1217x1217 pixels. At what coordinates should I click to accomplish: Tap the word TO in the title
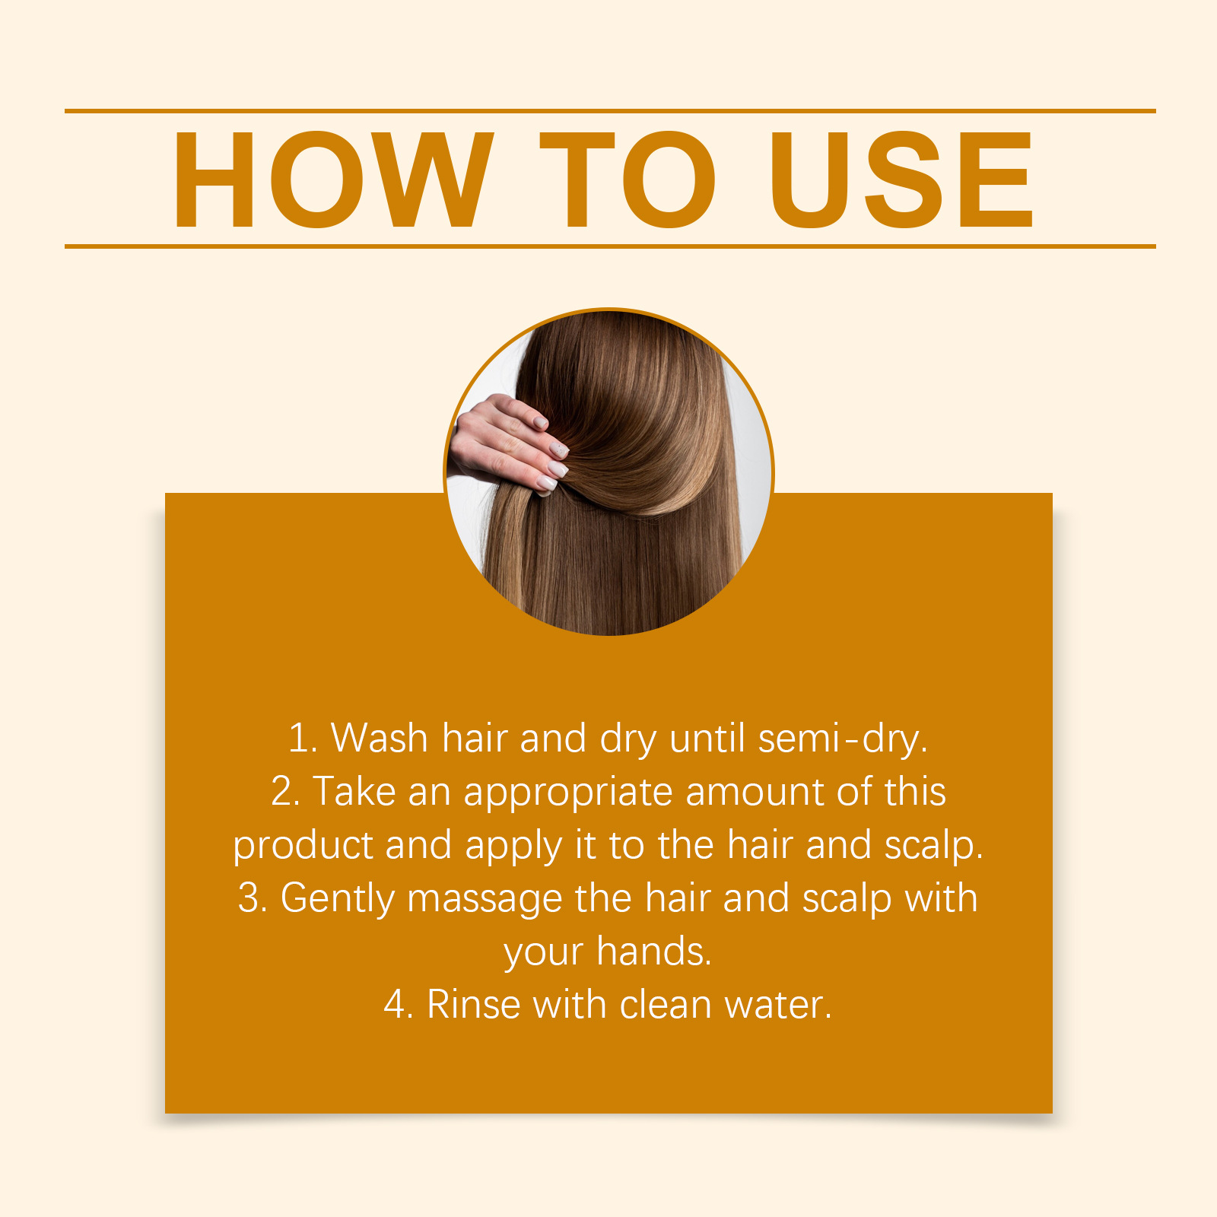[628, 180]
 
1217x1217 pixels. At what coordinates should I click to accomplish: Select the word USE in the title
[901, 180]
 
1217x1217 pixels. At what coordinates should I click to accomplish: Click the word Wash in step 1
[380, 738]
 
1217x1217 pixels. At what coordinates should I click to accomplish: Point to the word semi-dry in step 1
[843, 739]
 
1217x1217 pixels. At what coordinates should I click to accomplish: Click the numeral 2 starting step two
[283, 791]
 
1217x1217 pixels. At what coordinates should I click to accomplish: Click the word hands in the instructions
[654, 952]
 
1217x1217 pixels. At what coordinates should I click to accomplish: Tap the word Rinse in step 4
[473, 1005]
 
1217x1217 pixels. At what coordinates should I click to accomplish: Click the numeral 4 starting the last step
[396, 1005]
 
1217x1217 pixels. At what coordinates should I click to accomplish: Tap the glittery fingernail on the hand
[560, 450]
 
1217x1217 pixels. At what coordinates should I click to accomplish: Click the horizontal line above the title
[610, 111]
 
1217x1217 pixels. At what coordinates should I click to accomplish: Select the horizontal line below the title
[610, 246]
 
